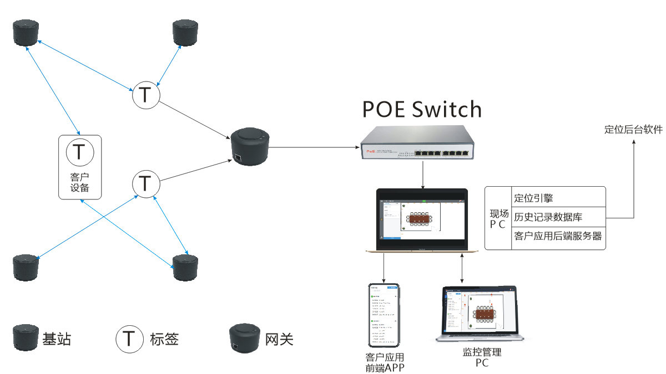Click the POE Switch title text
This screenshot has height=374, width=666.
click(x=422, y=110)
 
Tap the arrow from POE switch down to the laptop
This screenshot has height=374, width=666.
click(x=423, y=175)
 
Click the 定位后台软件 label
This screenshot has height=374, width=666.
click(x=633, y=130)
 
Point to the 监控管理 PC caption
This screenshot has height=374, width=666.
click(x=481, y=357)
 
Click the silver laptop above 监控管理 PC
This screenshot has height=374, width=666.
click(x=481, y=314)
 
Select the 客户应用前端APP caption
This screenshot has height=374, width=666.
click(x=384, y=362)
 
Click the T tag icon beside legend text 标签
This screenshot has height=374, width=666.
click(x=129, y=338)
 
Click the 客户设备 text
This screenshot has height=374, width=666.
click(x=80, y=182)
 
